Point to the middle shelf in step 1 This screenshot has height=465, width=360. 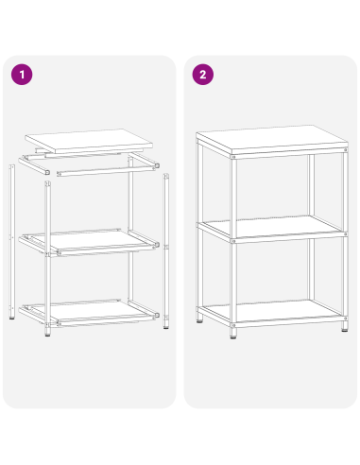click(94, 241)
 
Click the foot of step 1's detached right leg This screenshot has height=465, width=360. click(166, 327)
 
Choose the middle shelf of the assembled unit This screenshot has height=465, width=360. click(272, 228)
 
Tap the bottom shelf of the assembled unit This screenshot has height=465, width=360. click(272, 312)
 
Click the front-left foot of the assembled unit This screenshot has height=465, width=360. click(232, 334)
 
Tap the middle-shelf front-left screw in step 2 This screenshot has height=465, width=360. click(232, 243)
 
